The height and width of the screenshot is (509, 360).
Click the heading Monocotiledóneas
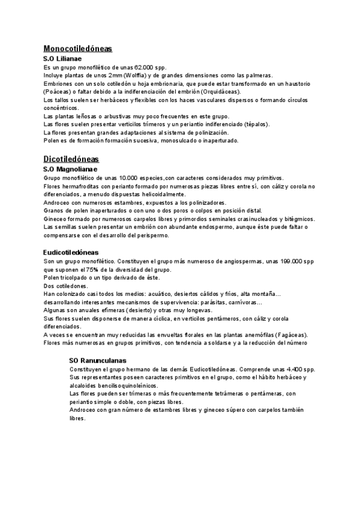pyautogui.click(x=78, y=49)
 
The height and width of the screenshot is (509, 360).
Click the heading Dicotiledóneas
pyautogui.click(x=71, y=159)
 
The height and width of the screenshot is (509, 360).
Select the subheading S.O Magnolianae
pyautogui.click(x=75, y=170)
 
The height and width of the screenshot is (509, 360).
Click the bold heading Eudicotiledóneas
pyautogui.click(x=71, y=253)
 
